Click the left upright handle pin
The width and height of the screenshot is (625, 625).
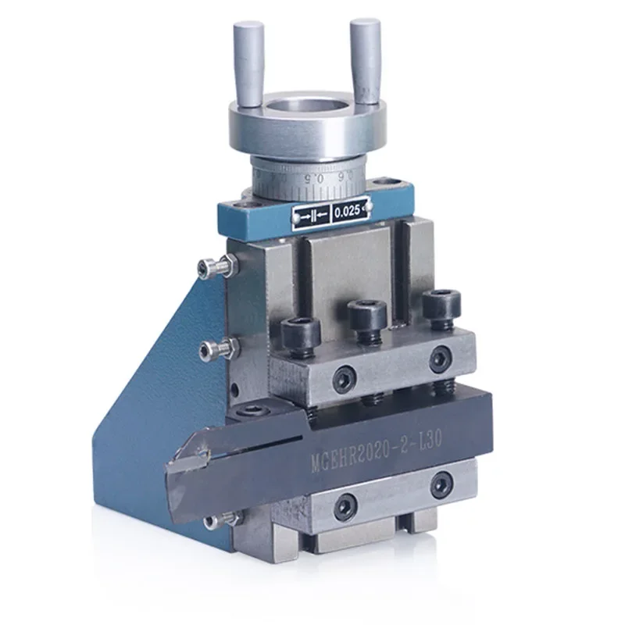249,62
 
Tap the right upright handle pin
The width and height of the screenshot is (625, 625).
365,60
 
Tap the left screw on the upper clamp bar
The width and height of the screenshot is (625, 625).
341,381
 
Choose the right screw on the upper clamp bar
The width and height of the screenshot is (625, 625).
441,359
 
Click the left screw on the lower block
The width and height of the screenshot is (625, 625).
345,509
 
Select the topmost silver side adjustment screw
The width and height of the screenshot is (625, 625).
215,269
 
